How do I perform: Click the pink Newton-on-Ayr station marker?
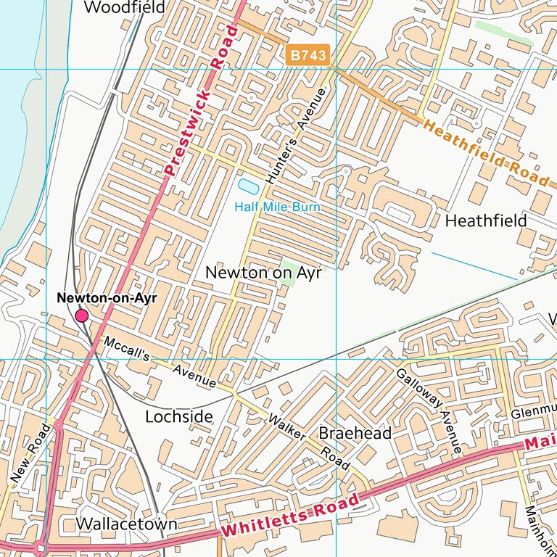tap(82, 315)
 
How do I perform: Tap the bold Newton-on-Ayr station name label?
tap(107, 298)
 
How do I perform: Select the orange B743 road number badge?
tap(308, 54)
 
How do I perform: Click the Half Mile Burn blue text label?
tap(277, 207)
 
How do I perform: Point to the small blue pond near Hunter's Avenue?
tap(248, 187)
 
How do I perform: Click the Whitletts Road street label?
tap(290, 515)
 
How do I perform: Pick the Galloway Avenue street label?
tap(429, 411)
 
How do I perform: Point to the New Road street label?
tap(31, 453)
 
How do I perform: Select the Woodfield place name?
tap(125, 8)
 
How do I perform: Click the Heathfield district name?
tap(486, 220)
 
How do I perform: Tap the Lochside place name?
tap(179, 416)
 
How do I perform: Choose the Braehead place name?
tap(355, 433)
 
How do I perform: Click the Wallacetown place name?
tap(126, 524)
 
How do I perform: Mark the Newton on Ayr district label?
tap(263, 273)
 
